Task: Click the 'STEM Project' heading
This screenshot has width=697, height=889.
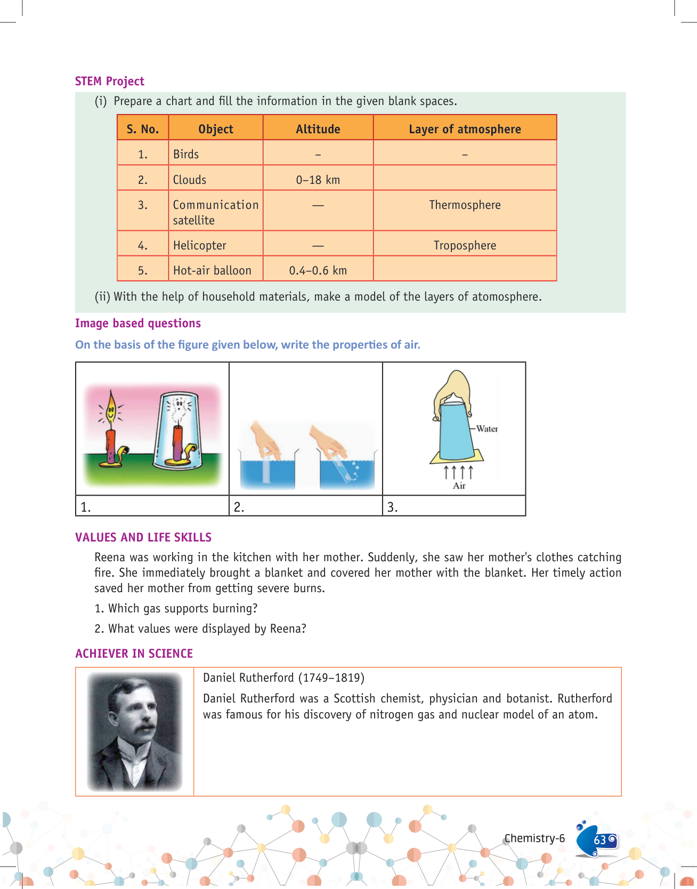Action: pyautogui.click(x=109, y=81)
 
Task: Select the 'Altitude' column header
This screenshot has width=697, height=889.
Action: pyautogui.click(x=318, y=129)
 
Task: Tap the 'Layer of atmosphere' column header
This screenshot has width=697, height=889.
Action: pyautogui.click(x=465, y=129)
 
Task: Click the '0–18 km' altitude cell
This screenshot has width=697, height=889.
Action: pyautogui.click(x=318, y=180)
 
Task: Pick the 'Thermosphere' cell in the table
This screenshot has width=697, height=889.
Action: pyautogui.click(x=465, y=205)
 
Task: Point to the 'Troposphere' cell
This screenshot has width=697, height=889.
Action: pyautogui.click(x=465, y=245)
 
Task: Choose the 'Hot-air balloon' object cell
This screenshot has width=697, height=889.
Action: pyautogui.click(x=212, y=270)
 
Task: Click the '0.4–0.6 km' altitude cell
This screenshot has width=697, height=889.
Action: pyautogui.click(x=318, y=270)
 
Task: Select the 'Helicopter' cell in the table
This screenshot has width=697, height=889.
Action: pyautogui.click(x=200, y=245)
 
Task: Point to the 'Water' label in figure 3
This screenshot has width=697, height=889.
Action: pyautogui.click(x=487, y=429)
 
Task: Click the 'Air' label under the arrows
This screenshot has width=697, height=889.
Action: pyautogui.click(x=459, y=486)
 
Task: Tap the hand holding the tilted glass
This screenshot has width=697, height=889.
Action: pyautogui.click(x=327, y=440)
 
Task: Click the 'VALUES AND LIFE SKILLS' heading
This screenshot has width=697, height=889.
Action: pyautogui.click(x=143, y=537)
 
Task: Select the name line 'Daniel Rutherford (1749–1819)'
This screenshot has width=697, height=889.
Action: pyautogui.click(x=283, y=677)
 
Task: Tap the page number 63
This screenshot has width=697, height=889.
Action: pyautogui.click(x=599, y=840)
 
